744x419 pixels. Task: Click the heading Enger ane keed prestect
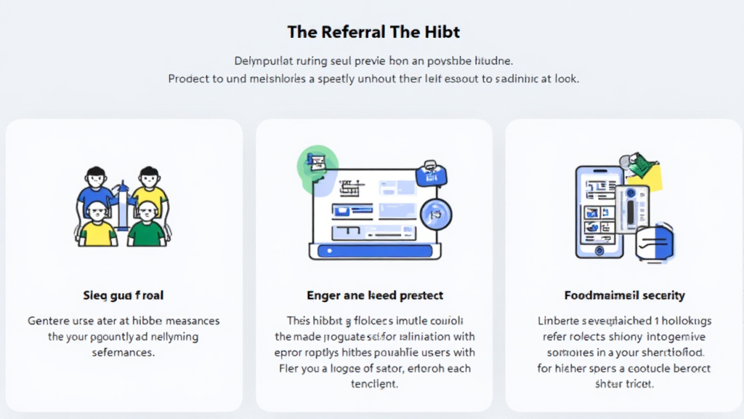[375, 295]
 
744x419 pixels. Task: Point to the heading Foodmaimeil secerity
[624, 295]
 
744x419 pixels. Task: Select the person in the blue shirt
[97, 188]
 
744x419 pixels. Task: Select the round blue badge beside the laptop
[436, 214]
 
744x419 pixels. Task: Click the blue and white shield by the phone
[657, 243]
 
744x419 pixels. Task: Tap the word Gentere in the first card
[49, 321]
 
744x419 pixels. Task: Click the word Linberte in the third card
[559, 321]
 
